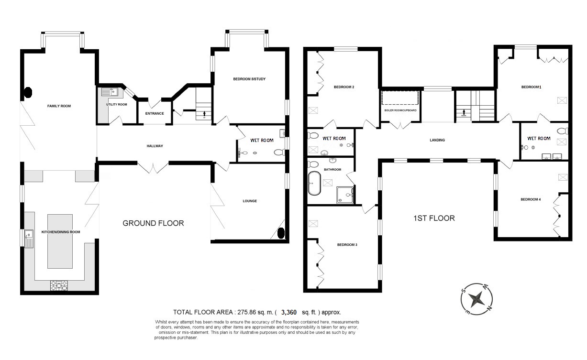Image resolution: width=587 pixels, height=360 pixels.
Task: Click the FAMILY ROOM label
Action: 59,106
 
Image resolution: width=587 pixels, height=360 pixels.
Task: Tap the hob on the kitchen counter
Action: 59,285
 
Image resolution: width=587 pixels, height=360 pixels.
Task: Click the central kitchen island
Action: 60,241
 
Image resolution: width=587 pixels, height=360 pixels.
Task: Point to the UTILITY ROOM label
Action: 116,104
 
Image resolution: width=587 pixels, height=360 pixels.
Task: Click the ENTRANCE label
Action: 155,113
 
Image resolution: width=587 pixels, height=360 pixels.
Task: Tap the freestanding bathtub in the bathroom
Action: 314,183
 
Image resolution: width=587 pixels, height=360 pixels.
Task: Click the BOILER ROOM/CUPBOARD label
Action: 400,110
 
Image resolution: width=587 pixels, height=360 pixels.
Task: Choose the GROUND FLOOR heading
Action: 153,223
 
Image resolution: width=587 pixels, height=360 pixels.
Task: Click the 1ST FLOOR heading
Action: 434,218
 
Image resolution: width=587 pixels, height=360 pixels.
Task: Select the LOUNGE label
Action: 249,201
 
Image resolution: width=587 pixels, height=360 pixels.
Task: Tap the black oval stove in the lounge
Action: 281,233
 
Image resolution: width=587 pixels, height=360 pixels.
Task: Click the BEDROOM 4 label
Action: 530,199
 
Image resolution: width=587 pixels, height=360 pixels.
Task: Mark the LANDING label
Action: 437,140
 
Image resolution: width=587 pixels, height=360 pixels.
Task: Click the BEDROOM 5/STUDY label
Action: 249,79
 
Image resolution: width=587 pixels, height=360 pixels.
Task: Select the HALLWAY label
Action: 155,146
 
